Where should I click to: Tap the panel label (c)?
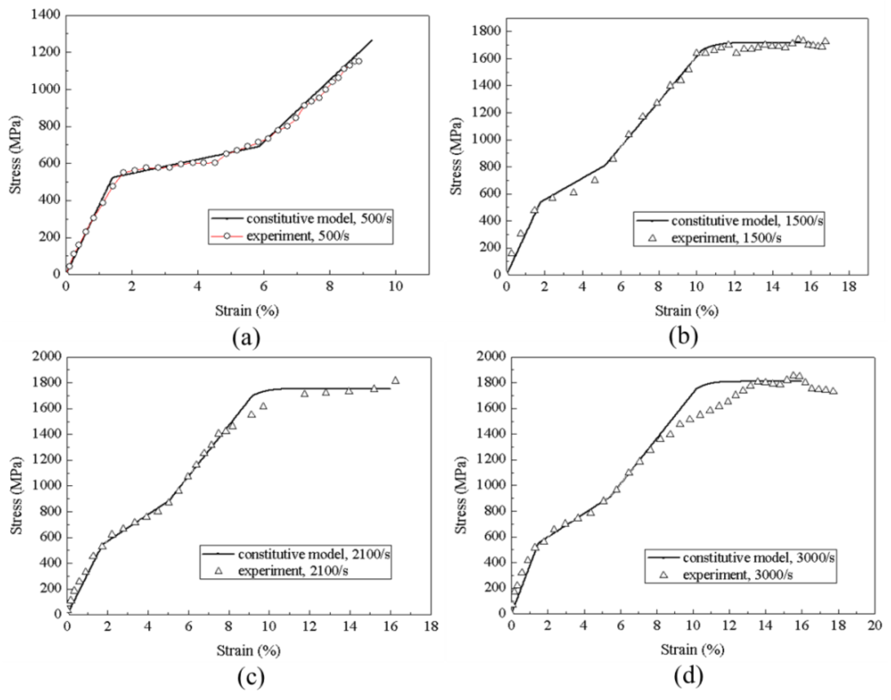(251, 677)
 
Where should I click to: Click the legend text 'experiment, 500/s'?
(297, 236)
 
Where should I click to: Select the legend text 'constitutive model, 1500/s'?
(747, 221)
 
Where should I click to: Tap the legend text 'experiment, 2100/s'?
(293, 571)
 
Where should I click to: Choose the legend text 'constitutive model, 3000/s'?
(759, 558)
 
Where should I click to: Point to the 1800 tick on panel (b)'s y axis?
(487, 32)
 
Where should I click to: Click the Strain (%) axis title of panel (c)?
(248, 650)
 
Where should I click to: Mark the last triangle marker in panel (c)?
(395, 381)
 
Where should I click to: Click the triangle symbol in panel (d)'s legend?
(663, 575)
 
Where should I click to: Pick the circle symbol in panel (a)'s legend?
(227, 236)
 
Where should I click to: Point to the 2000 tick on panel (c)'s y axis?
(46, 357)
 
